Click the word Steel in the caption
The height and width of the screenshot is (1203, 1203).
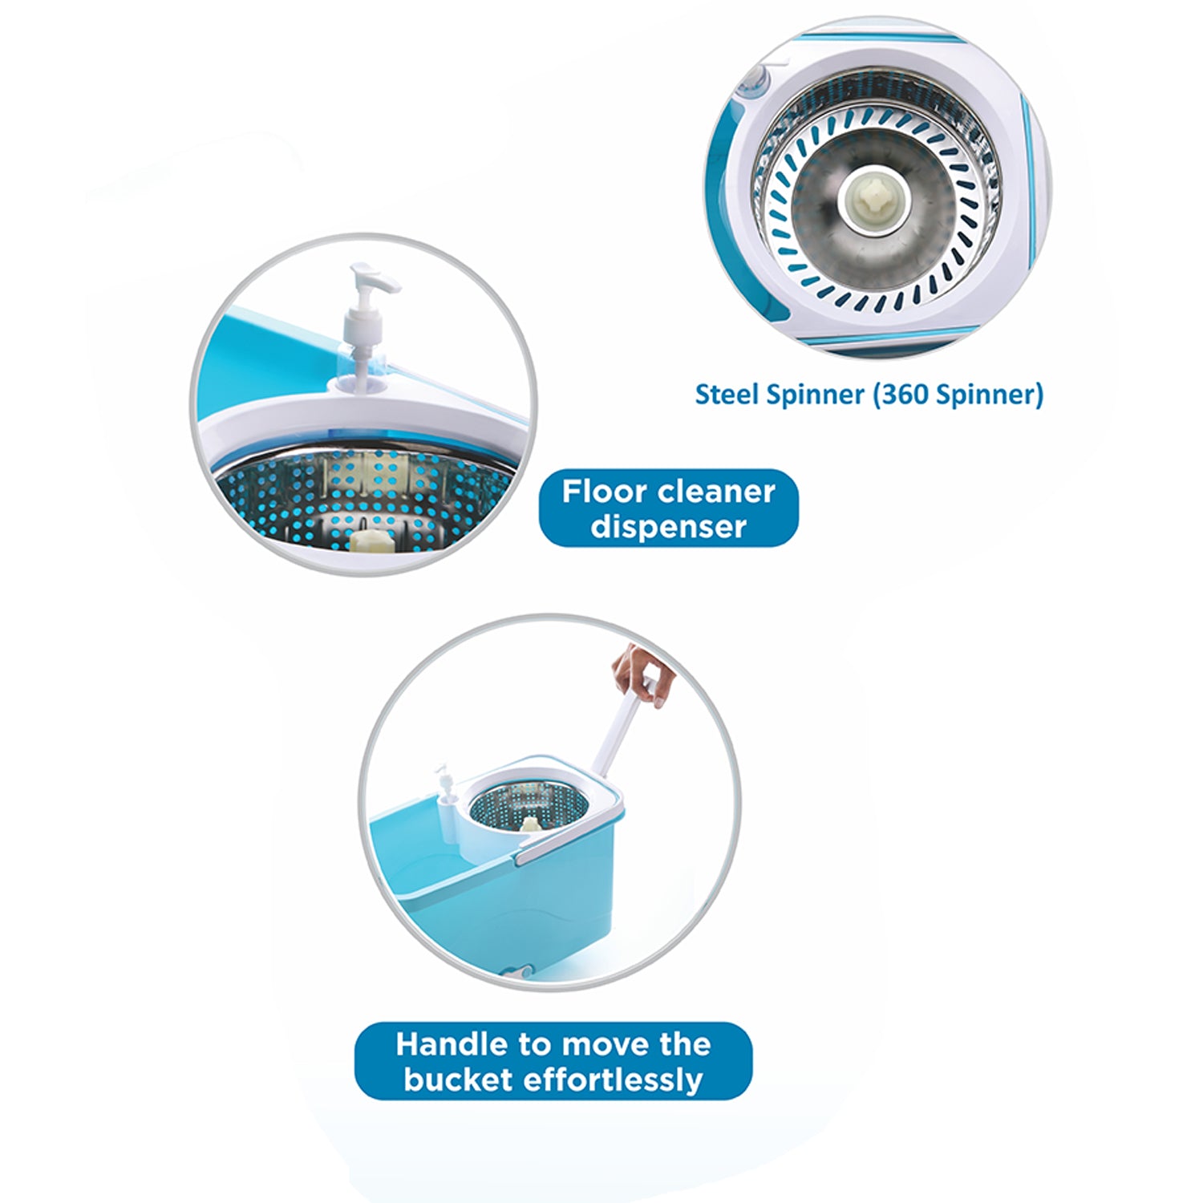tap(726, 395)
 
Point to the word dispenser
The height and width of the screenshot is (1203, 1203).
tap(668, 527)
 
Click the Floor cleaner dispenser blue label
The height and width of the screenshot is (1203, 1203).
tap(668, 508)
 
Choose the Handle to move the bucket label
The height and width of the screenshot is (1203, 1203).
tap(553, 1061)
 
